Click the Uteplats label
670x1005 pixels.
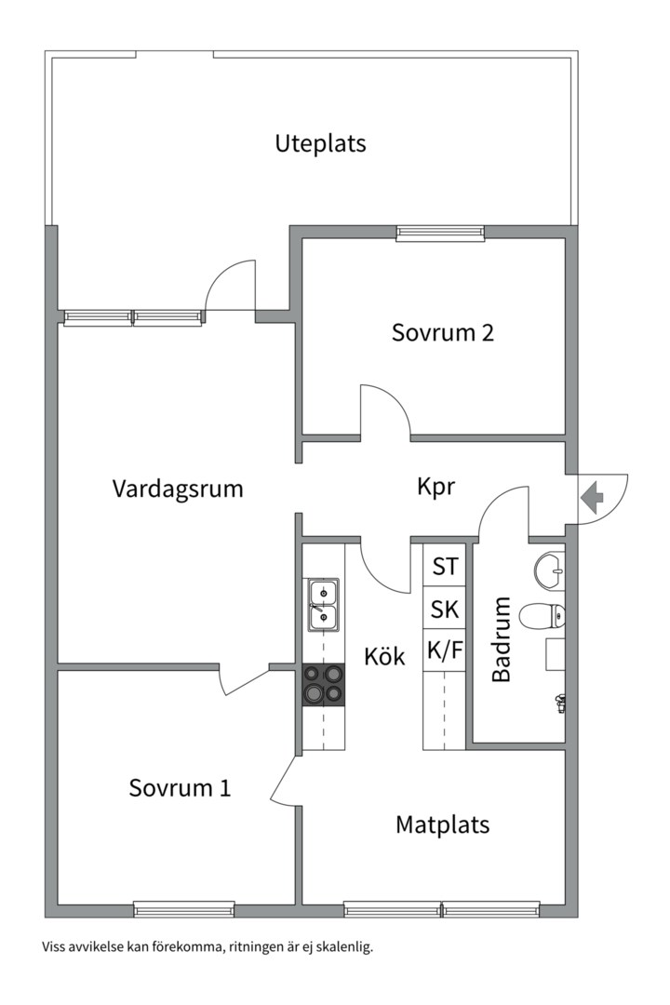click(320, 144)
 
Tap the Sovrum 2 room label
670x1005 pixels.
click(442, 333)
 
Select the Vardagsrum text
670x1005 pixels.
click(178, 489)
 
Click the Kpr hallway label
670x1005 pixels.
click(435, 487)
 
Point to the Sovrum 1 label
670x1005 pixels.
click(180, 788)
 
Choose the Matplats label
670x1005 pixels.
click(442, 824)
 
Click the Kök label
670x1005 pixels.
click(384, 657)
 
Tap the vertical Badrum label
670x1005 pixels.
click(502, 640)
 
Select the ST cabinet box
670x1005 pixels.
click(445, 566)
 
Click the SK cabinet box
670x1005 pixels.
click(445, 610)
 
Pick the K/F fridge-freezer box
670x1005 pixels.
click(445, 651)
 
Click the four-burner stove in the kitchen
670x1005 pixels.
click(323, 685)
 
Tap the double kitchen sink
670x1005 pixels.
click(323, 604)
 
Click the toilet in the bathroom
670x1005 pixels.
click(543, 614)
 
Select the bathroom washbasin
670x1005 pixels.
click(549, 569)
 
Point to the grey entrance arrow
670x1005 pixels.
click(591, 497)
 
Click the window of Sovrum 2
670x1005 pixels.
click(440, 233)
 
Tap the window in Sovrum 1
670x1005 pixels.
click(183, 909)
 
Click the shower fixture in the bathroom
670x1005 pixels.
click(559, 703)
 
